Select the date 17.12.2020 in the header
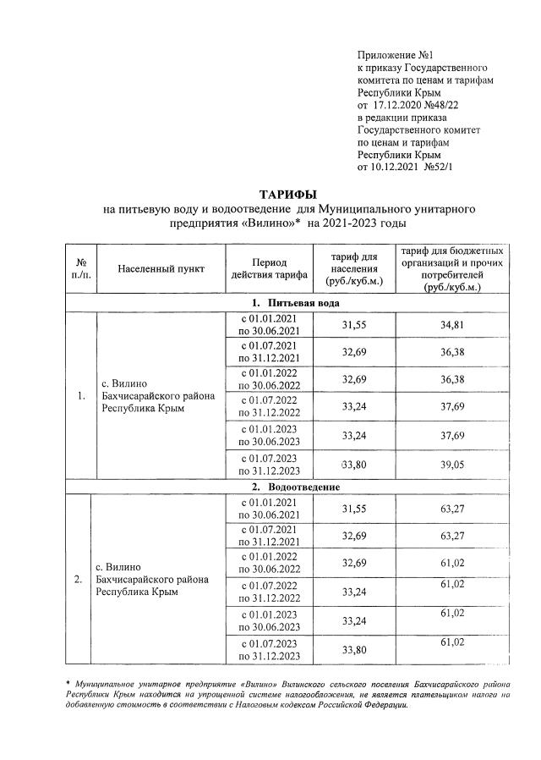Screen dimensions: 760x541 (x=398, y=104)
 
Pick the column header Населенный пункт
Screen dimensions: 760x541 (x=161, y=268)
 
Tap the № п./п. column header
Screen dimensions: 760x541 (x=82, y=268)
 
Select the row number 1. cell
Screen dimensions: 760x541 (x=81, y=394)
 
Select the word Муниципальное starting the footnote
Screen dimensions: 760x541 (x=109, y=682)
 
